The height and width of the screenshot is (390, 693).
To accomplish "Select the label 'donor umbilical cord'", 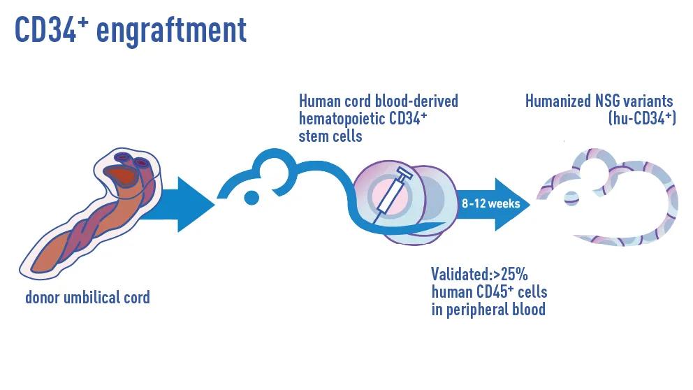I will click(87, 298).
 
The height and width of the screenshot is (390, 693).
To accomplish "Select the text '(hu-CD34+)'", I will click(641, 119).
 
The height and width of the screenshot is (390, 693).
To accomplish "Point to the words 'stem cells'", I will click(330, 136).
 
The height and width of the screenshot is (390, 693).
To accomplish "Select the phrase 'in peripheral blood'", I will click(488, 308).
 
